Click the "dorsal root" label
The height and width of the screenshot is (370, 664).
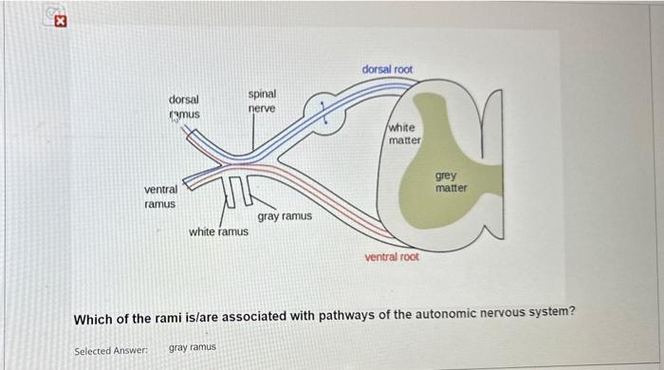[387, 69]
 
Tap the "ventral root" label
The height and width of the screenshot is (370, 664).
[392, 257]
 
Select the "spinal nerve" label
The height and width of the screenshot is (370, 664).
[262, 102]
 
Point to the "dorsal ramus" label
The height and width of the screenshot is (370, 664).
[183, 106]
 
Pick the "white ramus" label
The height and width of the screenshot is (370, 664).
[218, 231]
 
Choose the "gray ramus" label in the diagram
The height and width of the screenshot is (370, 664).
[284, 216]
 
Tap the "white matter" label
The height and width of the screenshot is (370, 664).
[404, 134]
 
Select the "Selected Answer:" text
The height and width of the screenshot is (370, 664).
[111, 349]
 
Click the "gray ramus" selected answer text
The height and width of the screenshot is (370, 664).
[193, 348]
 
